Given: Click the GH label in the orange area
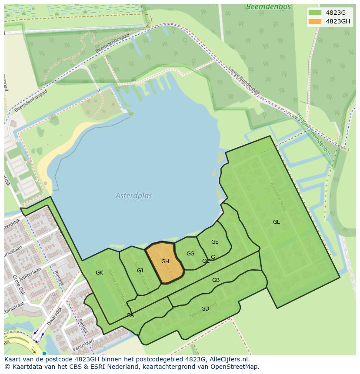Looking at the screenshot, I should (x=165, y=261).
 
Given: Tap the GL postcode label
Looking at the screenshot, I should (x=277, y=222).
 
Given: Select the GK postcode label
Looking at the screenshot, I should (x=99, y=273).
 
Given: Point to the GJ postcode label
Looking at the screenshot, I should (x=140, y=271).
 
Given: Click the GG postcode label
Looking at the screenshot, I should (x=190, y=254).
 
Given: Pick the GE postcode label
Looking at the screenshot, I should (x=215, y=242).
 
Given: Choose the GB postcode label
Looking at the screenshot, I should (x=216, y=280).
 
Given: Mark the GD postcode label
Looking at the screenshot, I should (x=205, y=309).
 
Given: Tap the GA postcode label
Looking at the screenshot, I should (x=130, y=315).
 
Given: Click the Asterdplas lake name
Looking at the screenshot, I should (x=134, y=196).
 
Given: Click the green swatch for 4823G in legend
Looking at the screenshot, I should (x=315, y=13).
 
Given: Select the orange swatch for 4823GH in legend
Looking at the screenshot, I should (x=315, y=21).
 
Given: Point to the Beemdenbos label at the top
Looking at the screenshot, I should (x=263, y=7).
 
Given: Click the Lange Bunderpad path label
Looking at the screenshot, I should (x=244, y=80).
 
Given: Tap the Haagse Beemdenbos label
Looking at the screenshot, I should (x=313, y=134).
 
